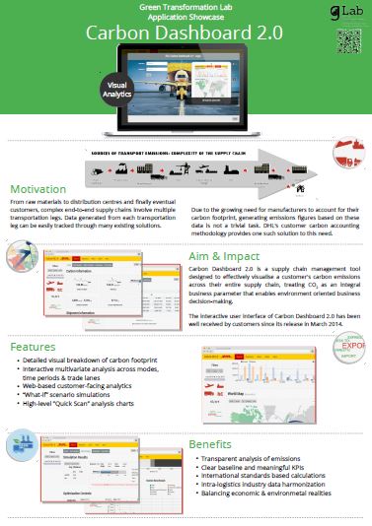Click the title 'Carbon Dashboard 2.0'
(186, 32)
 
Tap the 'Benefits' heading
(212, 443)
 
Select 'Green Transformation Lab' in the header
(186, 7)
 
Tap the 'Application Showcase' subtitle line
(186, 17)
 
